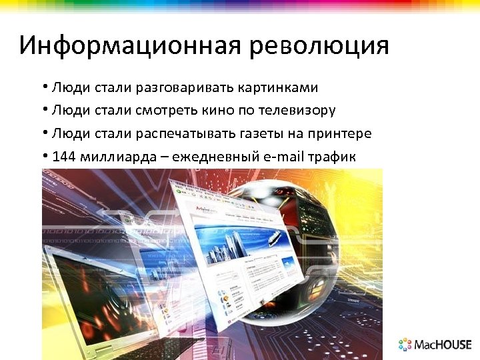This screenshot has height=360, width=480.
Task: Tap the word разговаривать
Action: (x=177, y=88)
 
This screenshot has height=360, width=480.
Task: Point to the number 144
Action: (x=63, y=157)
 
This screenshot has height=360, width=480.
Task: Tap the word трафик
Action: (x=333, y=157)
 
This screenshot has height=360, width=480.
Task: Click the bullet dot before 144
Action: (x=44, y=157)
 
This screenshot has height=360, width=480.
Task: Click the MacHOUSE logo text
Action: (x=443, y=345)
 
